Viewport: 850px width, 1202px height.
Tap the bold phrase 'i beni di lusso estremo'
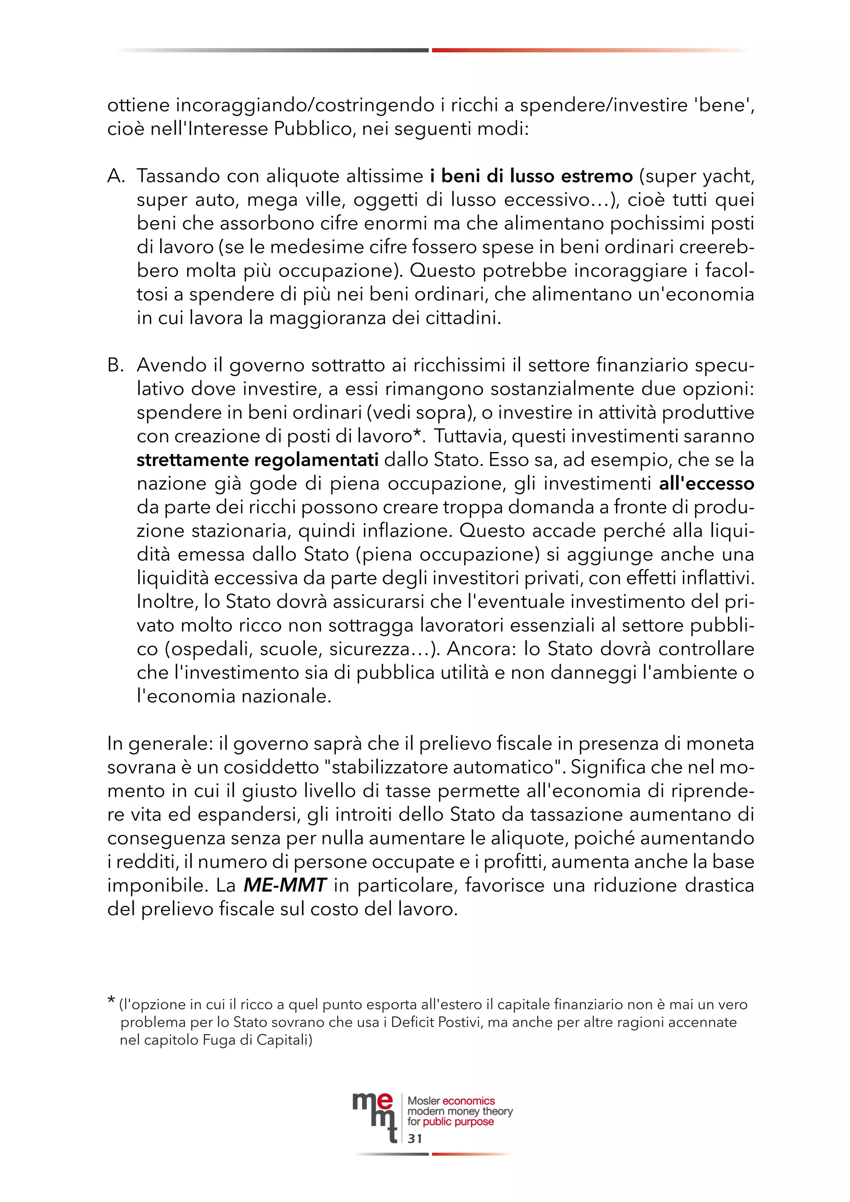click(x=531, y=176)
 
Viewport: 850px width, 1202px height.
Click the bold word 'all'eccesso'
click(x=706, y=484)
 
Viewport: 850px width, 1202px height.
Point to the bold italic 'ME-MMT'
click(x=285, y=885)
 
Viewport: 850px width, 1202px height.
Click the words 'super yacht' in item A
click(x=700, y=176)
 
